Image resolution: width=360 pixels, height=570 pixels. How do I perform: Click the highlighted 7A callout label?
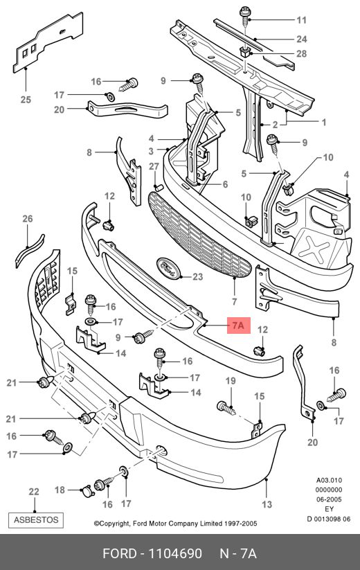[x=239, y=325]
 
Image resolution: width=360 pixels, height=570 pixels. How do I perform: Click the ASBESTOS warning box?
[x=36, y=520]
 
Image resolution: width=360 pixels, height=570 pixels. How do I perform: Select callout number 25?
[x=26, y=99]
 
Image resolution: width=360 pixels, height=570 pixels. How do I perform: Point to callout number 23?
[x=197, y=277]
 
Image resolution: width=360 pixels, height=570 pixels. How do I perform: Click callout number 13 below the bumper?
[x=267, y=504]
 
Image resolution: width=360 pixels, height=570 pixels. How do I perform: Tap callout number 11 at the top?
[x=302, y=19]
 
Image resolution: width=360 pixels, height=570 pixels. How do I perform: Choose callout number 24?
[x=302, y=39]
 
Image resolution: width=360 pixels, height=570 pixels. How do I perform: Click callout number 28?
[x=302, y=54]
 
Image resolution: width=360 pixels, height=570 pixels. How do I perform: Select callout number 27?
[x=154, y=166]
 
